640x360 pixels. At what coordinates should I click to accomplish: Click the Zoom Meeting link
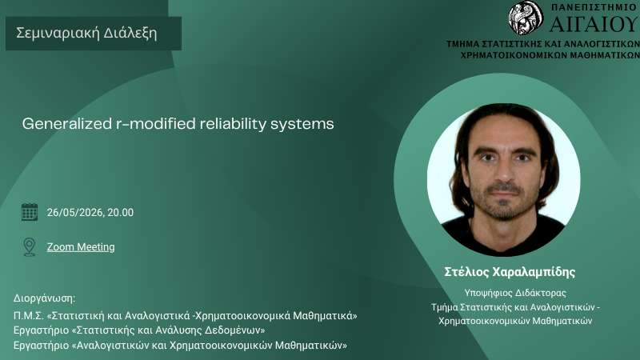pos(81,247)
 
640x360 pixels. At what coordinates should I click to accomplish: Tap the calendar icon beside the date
pos(30,212)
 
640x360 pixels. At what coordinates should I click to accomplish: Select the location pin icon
pos(30,247)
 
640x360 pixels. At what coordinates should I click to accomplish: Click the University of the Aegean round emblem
pos(526,18)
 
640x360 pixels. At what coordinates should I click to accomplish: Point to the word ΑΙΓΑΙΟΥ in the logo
pos(594,24)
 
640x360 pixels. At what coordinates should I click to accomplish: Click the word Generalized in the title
pos(66,124)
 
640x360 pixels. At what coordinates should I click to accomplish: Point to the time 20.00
pos(121,212)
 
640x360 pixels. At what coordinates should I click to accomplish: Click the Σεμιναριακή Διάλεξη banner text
pos(86,33)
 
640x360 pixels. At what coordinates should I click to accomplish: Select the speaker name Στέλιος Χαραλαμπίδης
pos(510,272)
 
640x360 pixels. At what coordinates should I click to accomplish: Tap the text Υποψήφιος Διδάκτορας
pos(515,293)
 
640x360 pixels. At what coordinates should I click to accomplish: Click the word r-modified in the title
pos(155,124)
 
